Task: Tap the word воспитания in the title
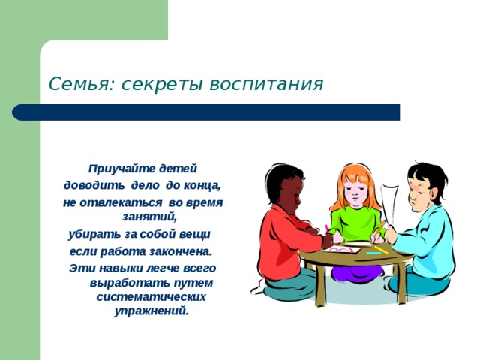point(266,84)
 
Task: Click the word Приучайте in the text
point(121,169)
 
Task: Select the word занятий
point(150,217)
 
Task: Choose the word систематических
point(151,297)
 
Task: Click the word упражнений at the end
point(151,311)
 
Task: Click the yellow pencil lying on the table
point(381,250)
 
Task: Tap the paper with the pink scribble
point(342,248)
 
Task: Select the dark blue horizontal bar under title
point(206,112)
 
